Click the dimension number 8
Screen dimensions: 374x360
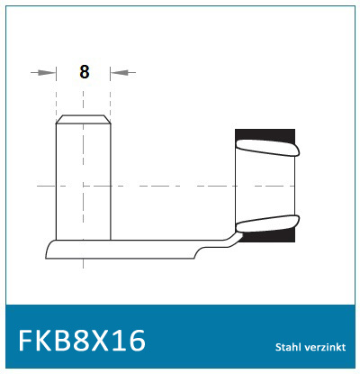(x=84, y=72)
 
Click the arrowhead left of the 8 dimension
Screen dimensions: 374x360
(x=49, y=72)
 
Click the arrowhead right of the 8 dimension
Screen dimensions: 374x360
(x=117, y=72)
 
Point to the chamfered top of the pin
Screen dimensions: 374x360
(x=84, y=119)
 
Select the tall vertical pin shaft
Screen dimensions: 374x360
(x=84, y=180)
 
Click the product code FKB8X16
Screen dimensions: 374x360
(x=82, y=342)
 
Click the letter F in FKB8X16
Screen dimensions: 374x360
(x=26, y=342)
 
